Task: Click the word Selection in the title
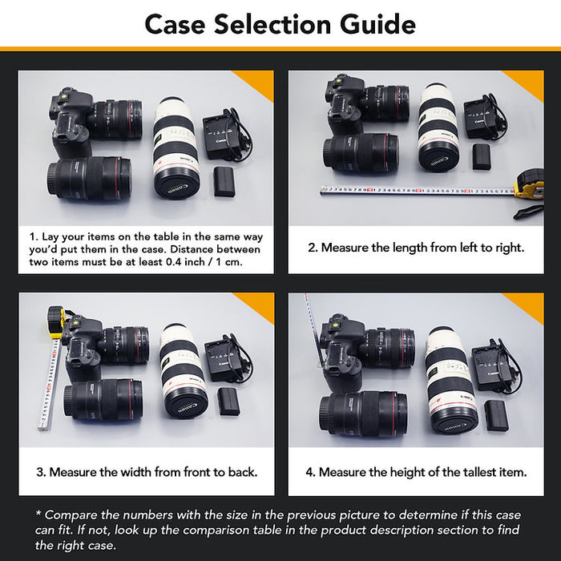pos(272,24)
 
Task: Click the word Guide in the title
pos(377,24)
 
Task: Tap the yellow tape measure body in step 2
pos(530,184)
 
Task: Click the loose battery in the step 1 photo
pos(224,181)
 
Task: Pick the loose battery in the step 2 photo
pos(481,156)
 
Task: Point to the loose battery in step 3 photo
pos(228,401)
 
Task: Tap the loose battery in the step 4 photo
pos(497,415)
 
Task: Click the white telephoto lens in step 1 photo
pos(176,147)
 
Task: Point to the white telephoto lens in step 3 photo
pos(184,371)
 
